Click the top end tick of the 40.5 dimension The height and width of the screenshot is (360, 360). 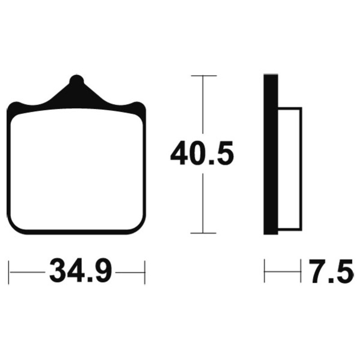(203, 76)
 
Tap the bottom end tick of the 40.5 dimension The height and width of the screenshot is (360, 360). (203, 233)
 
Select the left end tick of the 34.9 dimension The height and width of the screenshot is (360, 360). (9, 272)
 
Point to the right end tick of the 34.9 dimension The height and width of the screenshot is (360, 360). (144, 272)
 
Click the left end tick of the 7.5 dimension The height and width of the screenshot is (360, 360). (265, 271)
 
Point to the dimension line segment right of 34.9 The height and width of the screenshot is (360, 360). (130, 272)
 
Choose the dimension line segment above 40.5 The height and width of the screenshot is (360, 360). (203, 108)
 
